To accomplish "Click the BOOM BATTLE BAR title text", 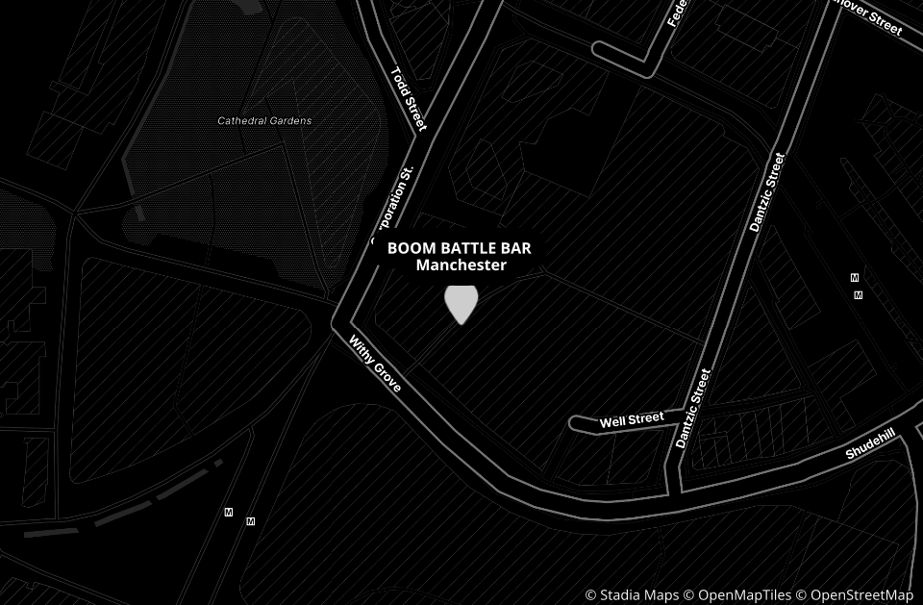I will (x=459, y=248).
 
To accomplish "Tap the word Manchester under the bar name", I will (x=461, y=265).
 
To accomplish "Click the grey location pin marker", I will (x=461, y=303).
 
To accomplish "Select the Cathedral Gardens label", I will (x=264, y=121).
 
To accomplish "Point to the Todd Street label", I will (x=408, y=98).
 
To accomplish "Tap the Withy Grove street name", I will (x=375, y=363).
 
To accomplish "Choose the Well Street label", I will (x=632, y=420).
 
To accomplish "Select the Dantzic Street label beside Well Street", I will (x=693, y=408).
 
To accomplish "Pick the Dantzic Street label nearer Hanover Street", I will (x=767, y=192).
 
